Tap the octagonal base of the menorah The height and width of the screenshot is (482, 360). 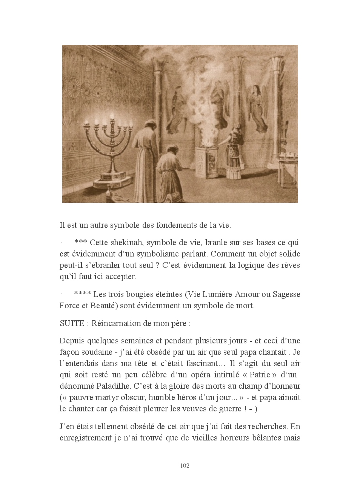click(112, 182)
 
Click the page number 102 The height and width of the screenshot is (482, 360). click(185, 466)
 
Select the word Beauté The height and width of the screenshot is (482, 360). click(103, 305)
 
